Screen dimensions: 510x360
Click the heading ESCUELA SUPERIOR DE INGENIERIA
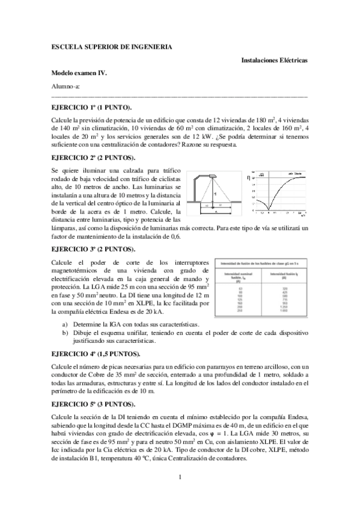coord(112,47)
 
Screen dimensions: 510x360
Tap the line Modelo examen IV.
coord(79,73)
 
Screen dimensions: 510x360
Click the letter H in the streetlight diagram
coord(215,194)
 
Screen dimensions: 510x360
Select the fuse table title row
coord(261,265)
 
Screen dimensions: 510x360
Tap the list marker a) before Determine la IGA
coord(65,324)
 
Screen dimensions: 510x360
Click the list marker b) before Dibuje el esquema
coord(65,332)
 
